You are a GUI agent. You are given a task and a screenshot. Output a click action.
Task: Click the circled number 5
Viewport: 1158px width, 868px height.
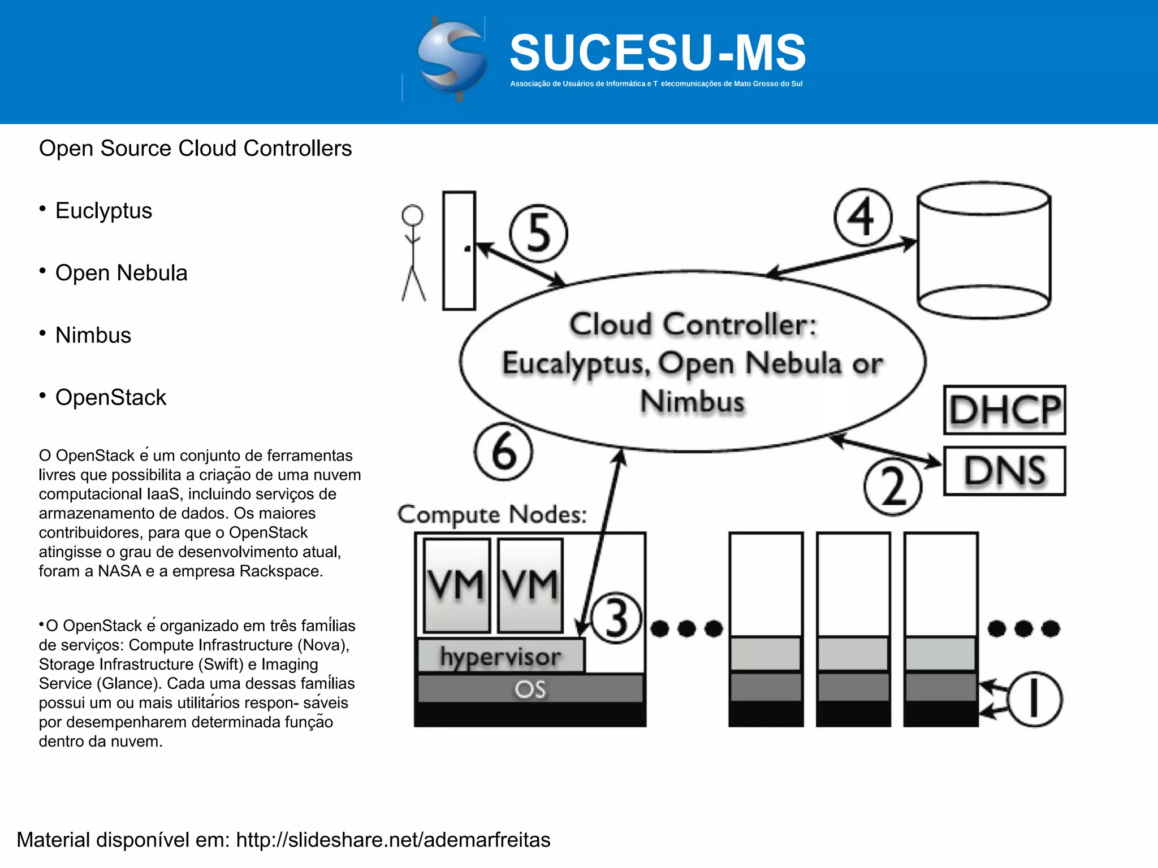(x=538, y=233)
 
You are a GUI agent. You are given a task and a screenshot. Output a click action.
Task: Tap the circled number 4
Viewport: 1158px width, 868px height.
(x=863, y=217)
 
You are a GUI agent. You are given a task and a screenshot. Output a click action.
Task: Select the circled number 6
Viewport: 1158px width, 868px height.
(x=503, y=452)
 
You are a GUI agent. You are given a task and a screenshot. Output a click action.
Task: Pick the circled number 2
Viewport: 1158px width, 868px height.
(x=893, y=487)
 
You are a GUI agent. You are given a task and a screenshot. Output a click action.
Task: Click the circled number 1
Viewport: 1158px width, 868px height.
(x=1034, y=699)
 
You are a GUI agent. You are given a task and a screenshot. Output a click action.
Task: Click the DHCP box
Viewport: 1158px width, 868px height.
(x=1004, y=410)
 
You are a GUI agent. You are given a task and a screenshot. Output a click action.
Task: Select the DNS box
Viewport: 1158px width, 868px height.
(x=1004, y=471)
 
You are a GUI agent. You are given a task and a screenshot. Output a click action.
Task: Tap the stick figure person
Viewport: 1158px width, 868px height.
(x=413, y=253)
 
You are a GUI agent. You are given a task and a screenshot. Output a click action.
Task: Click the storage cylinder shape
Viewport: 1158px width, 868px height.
(x=984, y=250)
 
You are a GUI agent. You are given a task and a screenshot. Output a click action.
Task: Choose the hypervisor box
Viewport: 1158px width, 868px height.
(x=501, y=656)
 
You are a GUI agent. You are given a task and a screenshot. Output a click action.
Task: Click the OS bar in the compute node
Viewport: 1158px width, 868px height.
(x=530, y=689)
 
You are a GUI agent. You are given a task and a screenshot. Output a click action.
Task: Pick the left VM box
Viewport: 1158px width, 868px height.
(x=456, y=585)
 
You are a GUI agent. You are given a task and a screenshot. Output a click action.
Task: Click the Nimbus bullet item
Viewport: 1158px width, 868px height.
(x=93, y=335)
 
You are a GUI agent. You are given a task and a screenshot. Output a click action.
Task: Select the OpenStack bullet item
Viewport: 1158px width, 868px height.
(x=111, y=397)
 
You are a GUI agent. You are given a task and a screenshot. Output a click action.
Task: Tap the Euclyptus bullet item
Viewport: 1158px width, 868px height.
(x=103, y=211)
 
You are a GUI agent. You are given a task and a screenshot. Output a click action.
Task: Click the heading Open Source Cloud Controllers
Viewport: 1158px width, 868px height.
(x=195, y=149)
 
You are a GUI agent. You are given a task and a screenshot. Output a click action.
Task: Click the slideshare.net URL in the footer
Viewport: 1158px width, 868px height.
(x=393, y=840)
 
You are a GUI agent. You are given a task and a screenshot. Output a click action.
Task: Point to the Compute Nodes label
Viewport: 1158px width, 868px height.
(x=492, y=515)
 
